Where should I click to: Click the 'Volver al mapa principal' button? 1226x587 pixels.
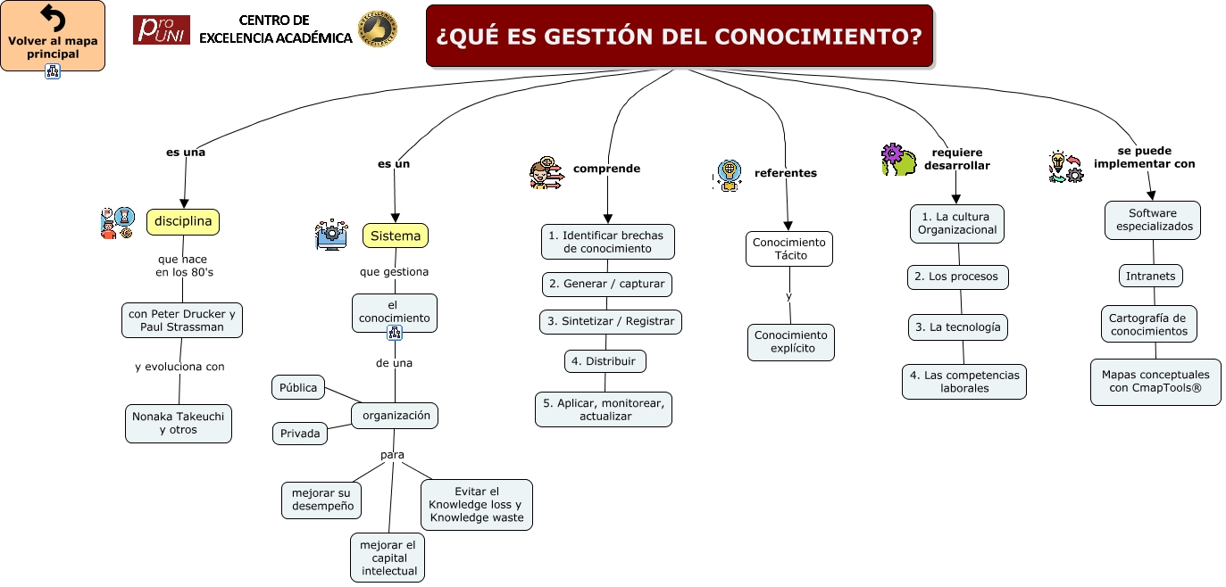(x=53, y=37)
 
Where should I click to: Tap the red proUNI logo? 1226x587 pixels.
(x=161, y=29)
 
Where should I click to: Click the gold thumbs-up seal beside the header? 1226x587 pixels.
(x=377, y=29)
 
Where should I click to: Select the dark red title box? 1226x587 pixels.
(x=679, y=36)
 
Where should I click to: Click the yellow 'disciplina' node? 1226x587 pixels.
(x=183, y=221)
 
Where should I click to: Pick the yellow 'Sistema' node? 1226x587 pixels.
(x=396, y=236)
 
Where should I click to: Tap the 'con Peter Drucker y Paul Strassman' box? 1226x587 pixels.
(x=182, y=320)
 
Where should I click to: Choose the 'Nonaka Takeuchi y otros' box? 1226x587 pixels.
(x=178, y=423)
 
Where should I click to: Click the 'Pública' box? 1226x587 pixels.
(x=298, y=387)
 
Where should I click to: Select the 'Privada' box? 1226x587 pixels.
(x=300, y=434)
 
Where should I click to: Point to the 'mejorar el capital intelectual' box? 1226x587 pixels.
(x=388, y=558)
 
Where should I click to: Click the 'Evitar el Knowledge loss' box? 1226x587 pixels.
(x=477, y=504)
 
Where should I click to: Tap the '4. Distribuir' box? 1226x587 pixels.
(x=605, y=361)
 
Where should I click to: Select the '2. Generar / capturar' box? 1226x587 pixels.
(x=607, y=284)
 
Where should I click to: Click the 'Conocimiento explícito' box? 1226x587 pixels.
(x=790, y=342)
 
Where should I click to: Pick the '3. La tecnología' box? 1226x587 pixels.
(x=957, y=327)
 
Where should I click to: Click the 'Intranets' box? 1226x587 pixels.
(x=1150, y=276)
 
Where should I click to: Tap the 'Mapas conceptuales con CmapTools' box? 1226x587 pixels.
(x=1155, y=382)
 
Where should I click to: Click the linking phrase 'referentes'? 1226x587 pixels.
(x=785, y=173)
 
